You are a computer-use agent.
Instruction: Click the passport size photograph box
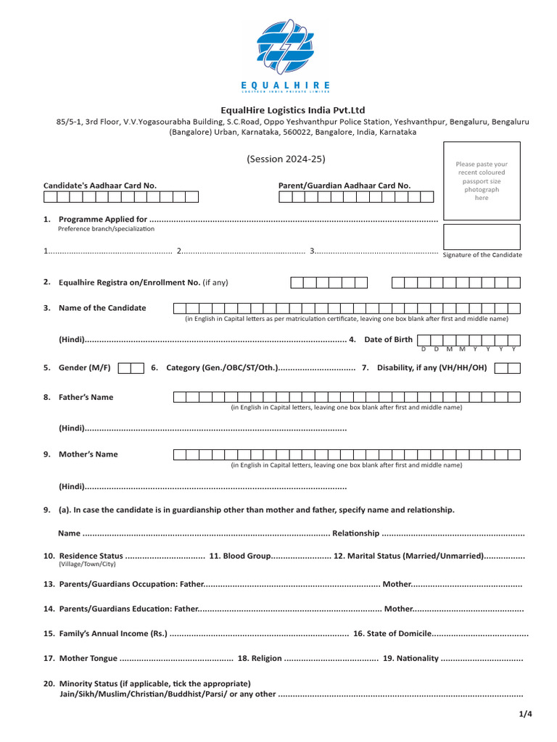pos(482,181)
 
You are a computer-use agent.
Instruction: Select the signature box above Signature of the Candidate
pos(482,236)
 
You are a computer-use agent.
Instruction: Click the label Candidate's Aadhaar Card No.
pos(100,185)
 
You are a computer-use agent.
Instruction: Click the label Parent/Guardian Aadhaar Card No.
pos(344,185)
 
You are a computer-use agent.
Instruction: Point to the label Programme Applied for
pos(103,219)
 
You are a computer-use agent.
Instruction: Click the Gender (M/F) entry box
pos(131,368)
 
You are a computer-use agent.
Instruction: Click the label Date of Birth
pos(388,339)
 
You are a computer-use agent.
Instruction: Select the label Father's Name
pos(86,397)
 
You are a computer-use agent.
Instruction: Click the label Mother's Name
pos(88,454)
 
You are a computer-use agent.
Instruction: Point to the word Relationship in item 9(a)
pos(355,533)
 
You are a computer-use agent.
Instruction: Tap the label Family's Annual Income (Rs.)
pos(112,633)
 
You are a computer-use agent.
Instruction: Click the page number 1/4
pos(525,714)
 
